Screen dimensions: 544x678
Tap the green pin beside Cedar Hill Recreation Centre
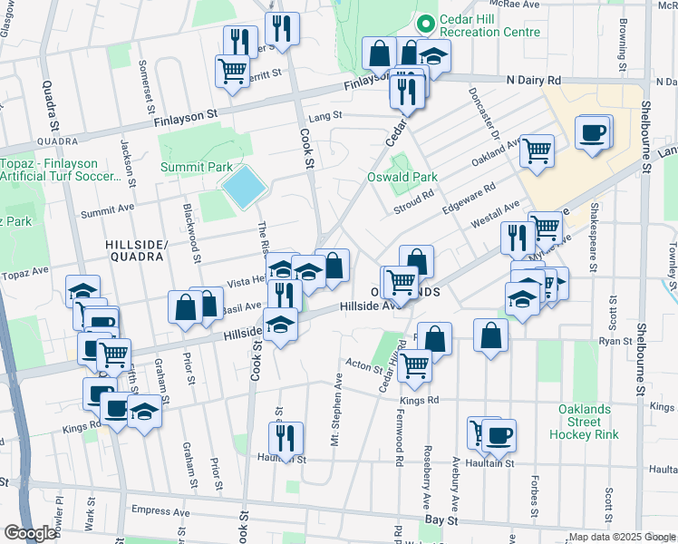(x=423, y=25)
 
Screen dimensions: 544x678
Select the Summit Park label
(x=196, y=167)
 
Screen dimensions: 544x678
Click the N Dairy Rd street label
(x=534, y=80)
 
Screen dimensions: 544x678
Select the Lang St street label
(x=324, y=116)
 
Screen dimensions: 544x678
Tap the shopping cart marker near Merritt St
(x=232, y=69)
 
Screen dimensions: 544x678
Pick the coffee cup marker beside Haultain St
(x=499, y=435)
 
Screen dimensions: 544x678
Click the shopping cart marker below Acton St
(x=414, y=364)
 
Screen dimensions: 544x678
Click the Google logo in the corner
(x=30, y=533)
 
